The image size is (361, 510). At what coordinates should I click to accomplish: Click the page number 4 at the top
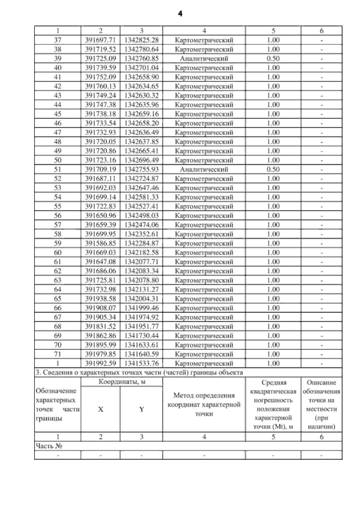click(x=180, y=14)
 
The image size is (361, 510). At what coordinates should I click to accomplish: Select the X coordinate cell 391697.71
click(x=100, y=40)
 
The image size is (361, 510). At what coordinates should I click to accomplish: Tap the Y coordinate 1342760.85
click(x=141, y=59)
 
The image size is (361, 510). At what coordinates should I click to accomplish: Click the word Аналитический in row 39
click(x=204, y=59)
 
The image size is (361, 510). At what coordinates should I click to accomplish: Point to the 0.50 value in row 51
click(x=273, y=169)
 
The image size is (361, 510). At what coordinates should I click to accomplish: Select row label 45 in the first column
click(x=57, y=114)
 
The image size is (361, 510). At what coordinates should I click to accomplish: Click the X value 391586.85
click(x=100, y=243)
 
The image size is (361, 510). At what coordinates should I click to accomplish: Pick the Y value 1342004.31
click(x=141, y=299)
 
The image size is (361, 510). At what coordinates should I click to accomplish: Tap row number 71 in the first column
click(x=57, y=354)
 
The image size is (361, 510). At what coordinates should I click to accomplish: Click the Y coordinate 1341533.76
click(x=141, y=364)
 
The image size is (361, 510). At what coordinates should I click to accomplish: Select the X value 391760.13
click(x=100, y=87)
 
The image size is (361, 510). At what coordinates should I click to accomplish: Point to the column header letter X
click(x=100, y=409)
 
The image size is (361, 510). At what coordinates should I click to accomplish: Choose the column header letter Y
click(x=141, y=409)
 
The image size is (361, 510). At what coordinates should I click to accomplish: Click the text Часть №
click(x=49, y=446)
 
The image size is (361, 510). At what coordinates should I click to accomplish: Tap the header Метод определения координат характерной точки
click(x=204, y=405)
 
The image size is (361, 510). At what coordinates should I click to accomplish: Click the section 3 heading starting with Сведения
click(x=139, y=373)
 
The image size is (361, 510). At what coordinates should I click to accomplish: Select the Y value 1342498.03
click(x=141, y=216)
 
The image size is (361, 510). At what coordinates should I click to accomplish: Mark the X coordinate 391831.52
click(x=100, y=327)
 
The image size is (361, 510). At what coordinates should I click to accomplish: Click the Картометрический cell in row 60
click(x=204, y=253)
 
